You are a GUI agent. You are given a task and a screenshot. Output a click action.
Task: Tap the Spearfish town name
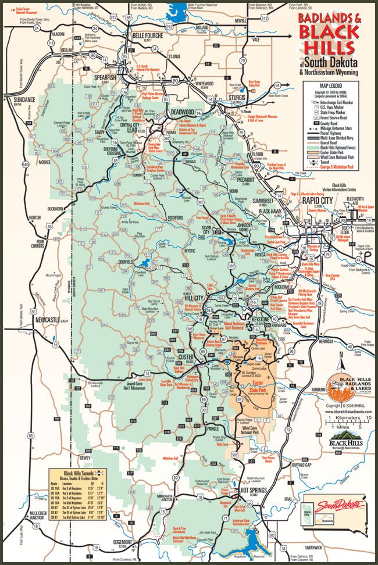coord(105,77)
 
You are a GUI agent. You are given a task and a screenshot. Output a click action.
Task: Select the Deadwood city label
coord(183,113)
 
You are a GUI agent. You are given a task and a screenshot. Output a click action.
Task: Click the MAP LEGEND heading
coord(329,85)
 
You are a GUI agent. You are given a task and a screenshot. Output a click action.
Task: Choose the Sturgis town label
coord(237,98)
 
